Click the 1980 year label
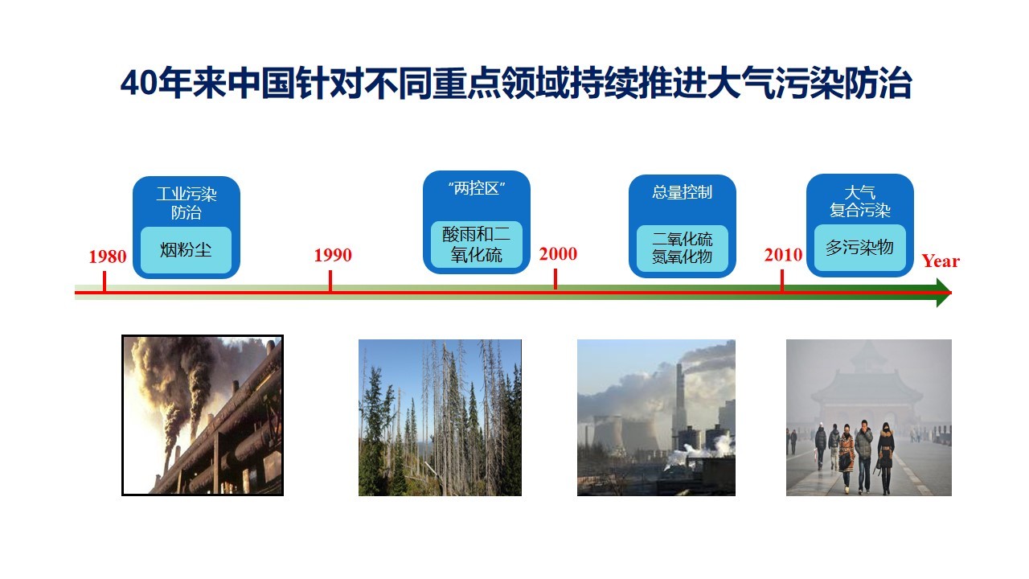108,257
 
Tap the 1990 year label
333,255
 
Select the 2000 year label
558,253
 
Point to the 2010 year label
783,255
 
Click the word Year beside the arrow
941,261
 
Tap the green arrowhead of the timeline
944,292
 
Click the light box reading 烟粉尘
186,250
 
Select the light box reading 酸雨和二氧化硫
477,244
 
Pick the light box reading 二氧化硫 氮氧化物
683,248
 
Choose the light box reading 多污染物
859,248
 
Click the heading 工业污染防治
186,203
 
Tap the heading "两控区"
477,188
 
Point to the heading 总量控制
683,192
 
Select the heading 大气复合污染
859,201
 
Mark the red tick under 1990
330,281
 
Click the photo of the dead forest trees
440,417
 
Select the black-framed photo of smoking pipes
203,416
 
